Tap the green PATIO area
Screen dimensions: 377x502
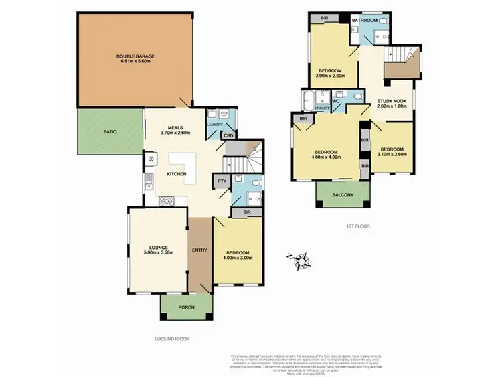[x=110, y=132]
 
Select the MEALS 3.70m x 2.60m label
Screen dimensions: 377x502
[x=175, y=129]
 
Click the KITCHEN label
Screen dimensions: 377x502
[x=177, y=175]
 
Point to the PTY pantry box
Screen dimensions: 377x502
[x=220, y=181]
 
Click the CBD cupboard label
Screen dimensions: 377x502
[x=228, y=136]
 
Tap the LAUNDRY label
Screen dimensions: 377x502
[x=214, y=125]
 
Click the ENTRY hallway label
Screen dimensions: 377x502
[x=199, y=250]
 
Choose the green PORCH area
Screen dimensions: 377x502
[x=186, y=308]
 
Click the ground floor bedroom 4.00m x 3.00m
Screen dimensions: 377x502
[x=238, y=254]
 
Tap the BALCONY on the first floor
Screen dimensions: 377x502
[x=344, y=195]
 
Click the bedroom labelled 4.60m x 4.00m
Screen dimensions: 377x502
[x=327, y=155]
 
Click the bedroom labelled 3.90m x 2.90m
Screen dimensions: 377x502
[x=331, y=72]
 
